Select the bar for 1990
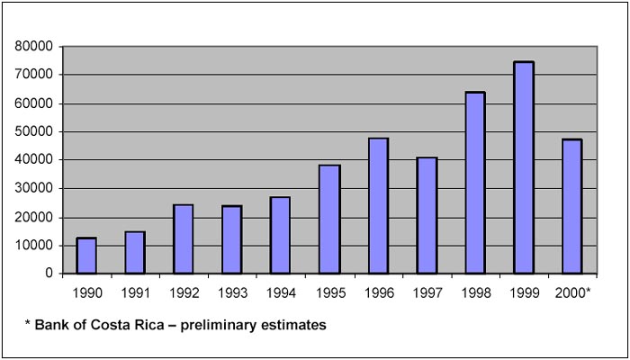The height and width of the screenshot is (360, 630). pos(86,256)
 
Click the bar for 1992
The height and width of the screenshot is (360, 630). pos(184,238)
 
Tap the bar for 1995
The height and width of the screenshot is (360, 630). pos(329,219)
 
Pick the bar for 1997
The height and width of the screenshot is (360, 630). pos(427,215)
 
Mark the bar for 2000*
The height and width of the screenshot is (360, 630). pos(572,206)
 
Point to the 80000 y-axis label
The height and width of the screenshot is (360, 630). pos(33,46)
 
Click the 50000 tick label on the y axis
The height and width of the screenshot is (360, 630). pos(33,131)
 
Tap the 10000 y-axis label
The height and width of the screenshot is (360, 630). pos(33,246)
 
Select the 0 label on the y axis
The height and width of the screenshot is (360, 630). pos(48,274)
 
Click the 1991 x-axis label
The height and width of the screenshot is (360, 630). pos(135,292)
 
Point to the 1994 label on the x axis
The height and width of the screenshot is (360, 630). pos(281,292)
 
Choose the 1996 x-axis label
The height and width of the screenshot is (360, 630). pos(378,292)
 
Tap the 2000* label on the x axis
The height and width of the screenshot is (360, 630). pos(574,292)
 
